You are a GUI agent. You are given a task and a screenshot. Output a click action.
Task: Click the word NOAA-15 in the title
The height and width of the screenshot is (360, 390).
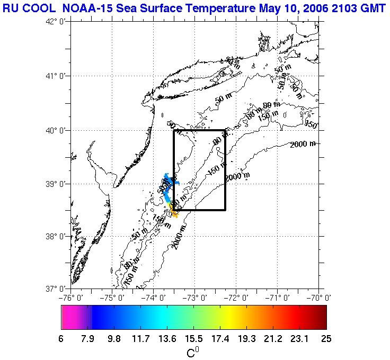point(91,7)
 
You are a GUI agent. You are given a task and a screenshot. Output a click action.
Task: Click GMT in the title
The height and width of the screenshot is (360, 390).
point(372,7)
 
